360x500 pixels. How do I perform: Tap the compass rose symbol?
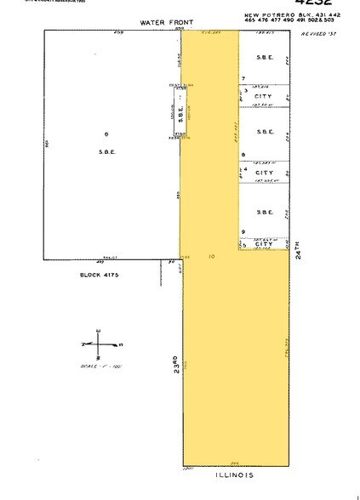[100, 344]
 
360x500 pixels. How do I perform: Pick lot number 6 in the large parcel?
[106, 134]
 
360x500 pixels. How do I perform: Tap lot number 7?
[243, 78]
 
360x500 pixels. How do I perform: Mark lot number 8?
[243, 154]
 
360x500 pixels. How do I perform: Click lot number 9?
[243, 231]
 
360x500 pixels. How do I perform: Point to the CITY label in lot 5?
[265, 245]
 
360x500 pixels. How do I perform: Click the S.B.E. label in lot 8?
[263, 134]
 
